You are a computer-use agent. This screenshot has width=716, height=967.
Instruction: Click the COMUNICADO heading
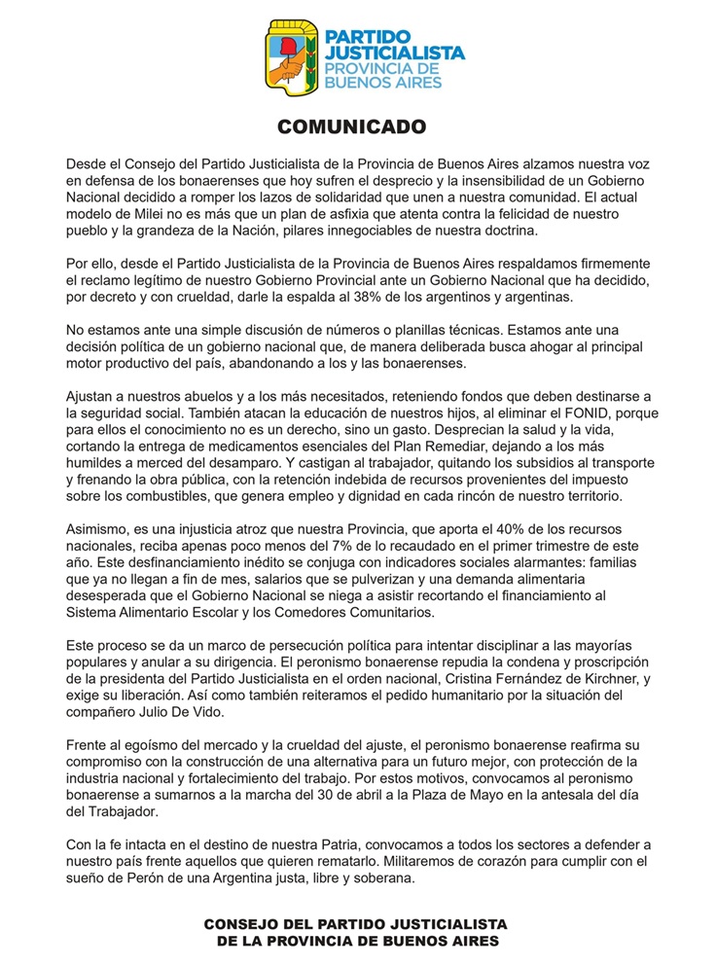[357, 126]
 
